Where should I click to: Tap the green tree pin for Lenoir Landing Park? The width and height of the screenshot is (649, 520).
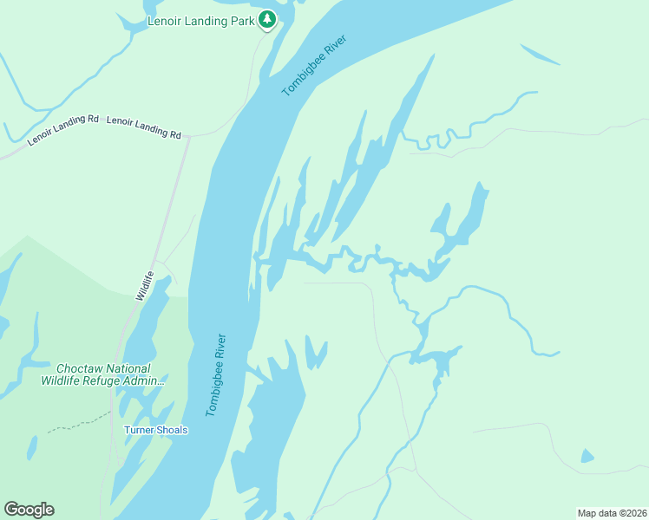[x=268, y=19]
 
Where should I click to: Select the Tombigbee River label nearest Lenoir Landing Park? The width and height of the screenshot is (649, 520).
[x=314, y=66]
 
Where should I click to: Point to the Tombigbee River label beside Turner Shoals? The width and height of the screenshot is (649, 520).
[x=215, y=374]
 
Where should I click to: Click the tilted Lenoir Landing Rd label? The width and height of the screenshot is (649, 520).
[x=63, y=130]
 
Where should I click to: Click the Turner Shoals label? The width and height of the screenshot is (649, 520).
[x=155, y=430]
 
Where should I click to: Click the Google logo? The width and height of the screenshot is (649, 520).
[x=29, y=510]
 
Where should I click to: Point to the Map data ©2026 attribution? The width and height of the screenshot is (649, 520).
[x=612, y=512]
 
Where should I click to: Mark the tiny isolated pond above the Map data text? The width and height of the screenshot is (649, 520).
[x=587, y=456]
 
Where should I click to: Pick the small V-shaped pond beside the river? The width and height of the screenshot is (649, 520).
[x=315, y=354]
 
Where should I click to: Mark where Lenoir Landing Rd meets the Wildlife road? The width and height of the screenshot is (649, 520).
[x=188, y=136]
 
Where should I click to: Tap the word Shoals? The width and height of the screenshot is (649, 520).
[x=171, y=430]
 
